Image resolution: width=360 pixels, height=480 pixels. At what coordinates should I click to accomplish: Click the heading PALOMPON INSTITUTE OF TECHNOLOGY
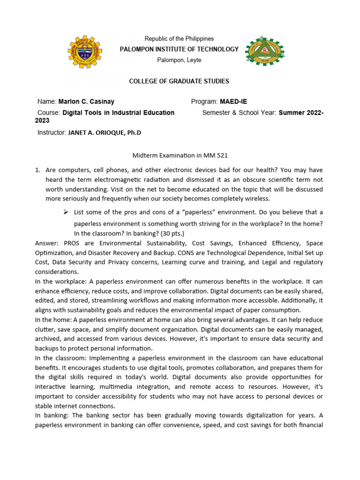180,49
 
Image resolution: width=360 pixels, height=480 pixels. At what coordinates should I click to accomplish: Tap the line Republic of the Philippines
179,38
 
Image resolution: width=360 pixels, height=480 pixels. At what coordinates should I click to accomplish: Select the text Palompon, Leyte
179,60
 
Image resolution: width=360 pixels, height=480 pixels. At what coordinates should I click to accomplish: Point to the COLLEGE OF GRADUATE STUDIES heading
179,81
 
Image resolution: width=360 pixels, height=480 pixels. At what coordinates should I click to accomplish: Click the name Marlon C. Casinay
86,102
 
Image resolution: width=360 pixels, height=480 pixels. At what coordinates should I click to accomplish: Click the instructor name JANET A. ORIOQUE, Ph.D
105,133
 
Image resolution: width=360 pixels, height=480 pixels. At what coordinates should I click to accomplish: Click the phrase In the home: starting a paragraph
54,319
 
